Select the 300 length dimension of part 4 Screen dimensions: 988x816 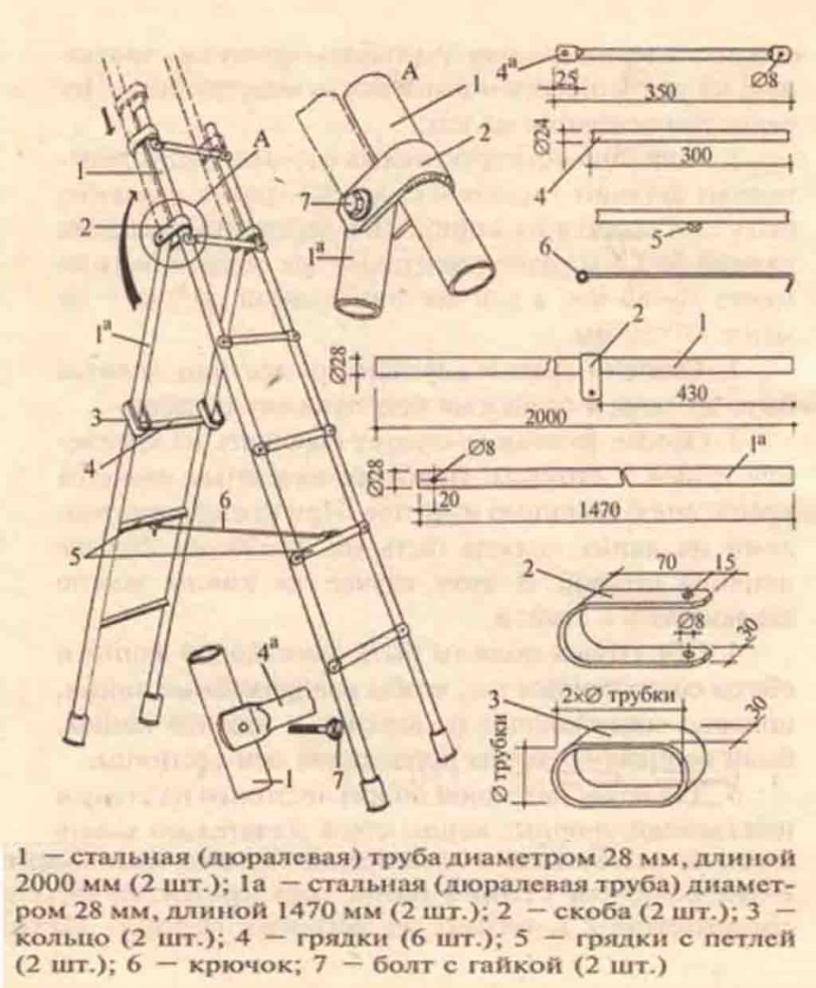click(x=692, y=155)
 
